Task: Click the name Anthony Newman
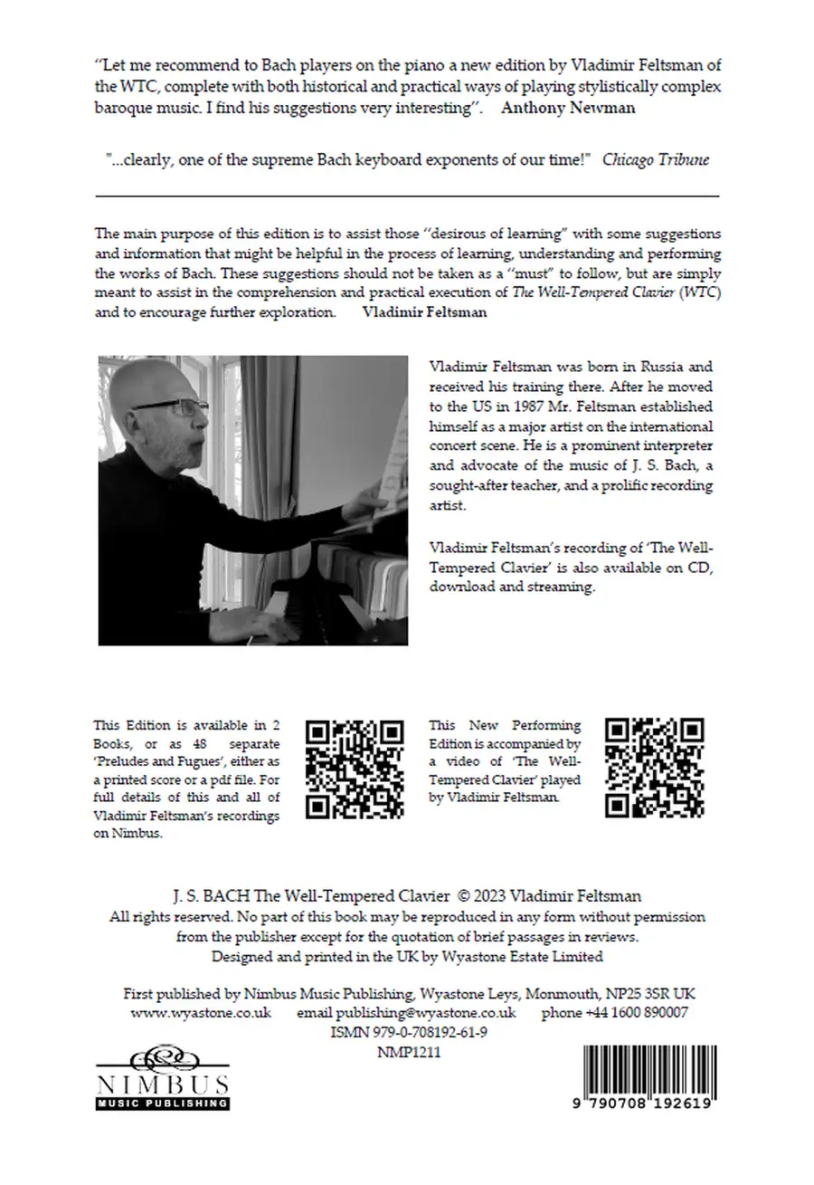coord(568,108)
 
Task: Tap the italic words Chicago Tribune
coord(656,159)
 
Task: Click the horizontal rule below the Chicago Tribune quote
coord(407,196)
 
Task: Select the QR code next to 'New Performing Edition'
coord(654,768)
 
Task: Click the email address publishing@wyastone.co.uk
coord(406,1013)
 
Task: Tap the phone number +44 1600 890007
coord(614,1013)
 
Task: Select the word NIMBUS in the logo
coord(163,1085)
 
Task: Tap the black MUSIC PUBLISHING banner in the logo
coord(163,1104)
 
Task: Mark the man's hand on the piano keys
coord(262,623)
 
